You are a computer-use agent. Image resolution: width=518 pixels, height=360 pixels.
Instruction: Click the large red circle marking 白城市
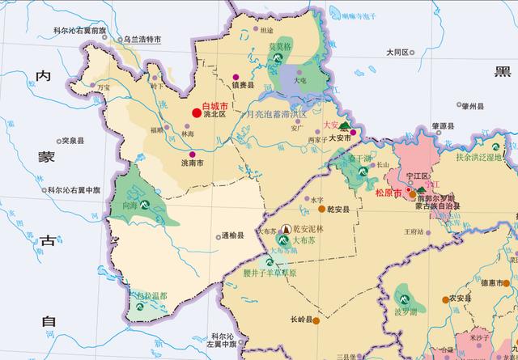pos(195,114)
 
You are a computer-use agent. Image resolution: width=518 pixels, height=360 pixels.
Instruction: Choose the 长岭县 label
pos(300,320)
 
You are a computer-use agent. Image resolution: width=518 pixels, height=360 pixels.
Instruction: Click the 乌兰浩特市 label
pos(142,39)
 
